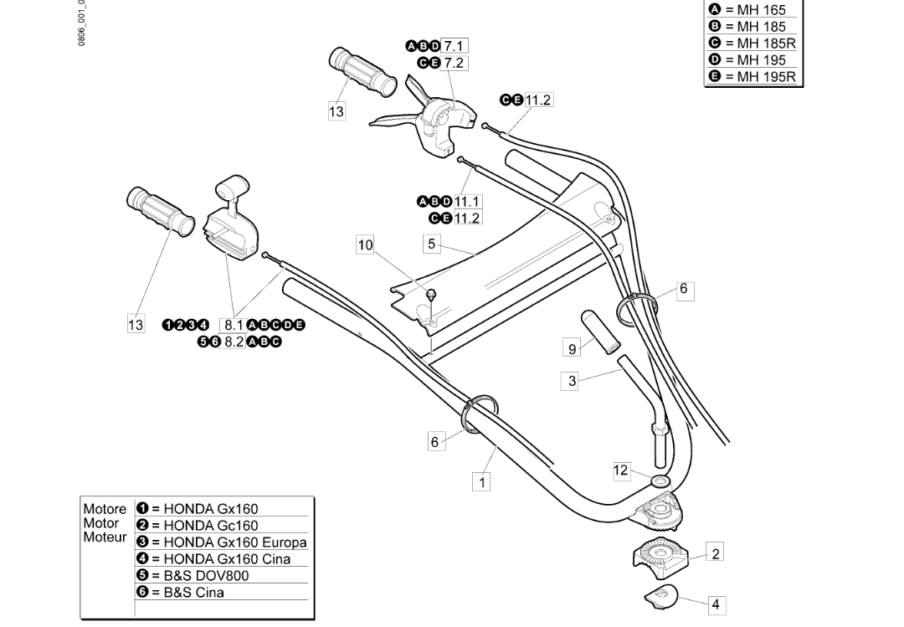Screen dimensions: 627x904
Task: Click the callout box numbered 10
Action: coord(365,245)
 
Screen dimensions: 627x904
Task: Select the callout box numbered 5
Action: coord(431,244)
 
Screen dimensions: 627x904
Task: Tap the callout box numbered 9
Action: coord(573,349)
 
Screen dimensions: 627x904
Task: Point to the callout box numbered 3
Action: coord(572,381)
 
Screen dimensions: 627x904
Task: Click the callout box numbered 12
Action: coord(620,470)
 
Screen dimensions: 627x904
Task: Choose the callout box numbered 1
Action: coord(482,481)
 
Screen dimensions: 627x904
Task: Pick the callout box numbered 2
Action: coord(715,553)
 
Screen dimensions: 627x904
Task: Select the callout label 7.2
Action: coord(455,63)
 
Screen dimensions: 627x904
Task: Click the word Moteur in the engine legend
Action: coord(105,537)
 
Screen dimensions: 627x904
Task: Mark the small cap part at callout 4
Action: coord(660,596)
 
